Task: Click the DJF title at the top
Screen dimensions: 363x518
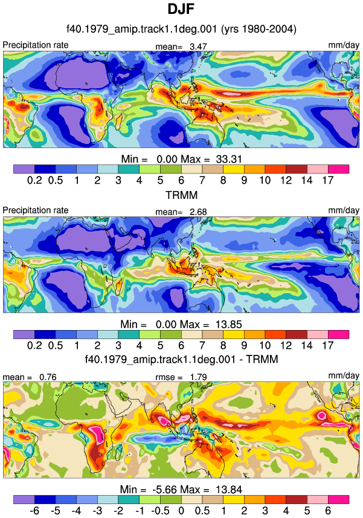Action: pos(181,9)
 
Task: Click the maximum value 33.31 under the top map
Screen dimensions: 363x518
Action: pos(229,159)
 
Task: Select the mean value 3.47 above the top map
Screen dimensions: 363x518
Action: pos(198,47)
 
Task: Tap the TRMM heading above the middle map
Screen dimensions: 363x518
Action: pos(181,195)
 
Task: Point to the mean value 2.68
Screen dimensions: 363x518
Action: pos(198,212)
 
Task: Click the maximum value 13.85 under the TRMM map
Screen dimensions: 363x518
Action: pos(229,325)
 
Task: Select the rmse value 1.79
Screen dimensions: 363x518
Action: pos(198,377)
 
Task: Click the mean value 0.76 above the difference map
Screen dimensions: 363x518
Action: pos(48,377)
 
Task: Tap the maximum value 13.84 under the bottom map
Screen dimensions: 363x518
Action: pos(229,489)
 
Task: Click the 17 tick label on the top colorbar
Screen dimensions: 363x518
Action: pos(328,180)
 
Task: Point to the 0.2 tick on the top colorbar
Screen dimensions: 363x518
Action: pos(34,180)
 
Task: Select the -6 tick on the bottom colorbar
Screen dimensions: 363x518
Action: pos(34,510)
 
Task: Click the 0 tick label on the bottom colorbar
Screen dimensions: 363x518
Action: pos(181,510)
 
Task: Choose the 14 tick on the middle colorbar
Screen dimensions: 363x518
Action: pos(307,345)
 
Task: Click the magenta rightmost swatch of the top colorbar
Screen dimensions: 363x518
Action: pos(338,169)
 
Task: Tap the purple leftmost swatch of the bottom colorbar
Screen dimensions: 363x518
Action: pos(24,499)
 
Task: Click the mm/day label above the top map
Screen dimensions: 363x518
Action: pos(344,45)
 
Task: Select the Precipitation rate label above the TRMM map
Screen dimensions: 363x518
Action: pos(36,210)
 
